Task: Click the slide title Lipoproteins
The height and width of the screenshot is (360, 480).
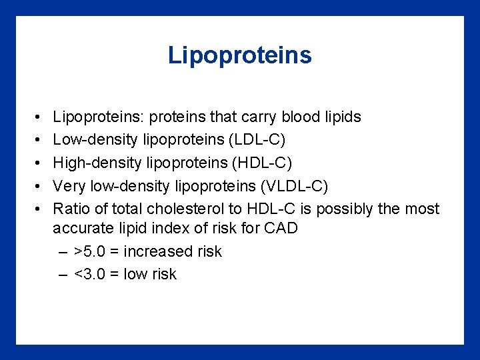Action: (x=239, y=55)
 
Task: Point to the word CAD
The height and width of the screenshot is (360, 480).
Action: (x=280, y=229)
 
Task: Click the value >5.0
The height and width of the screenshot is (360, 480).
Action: (x=93, y=252)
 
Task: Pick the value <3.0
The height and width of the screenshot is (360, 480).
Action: (x=93, y=275)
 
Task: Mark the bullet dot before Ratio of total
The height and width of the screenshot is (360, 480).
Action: (x=33, y=209)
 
